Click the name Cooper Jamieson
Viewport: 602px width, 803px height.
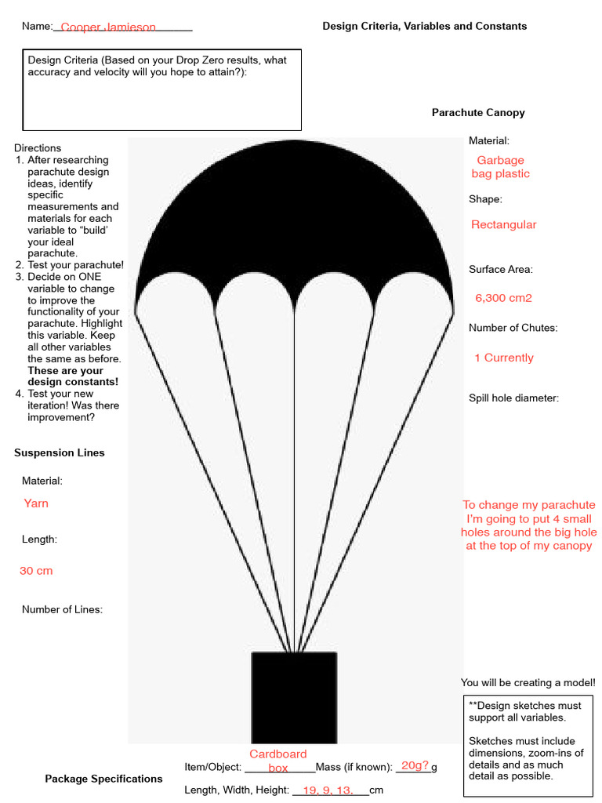pyautogui.click(x=108, y=27)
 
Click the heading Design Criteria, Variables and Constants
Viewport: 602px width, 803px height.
pyautogui.click(x=424, y=26)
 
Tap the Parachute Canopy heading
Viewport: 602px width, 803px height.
pyautogui.click(x=478, y=113)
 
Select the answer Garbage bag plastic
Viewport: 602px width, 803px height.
pyautogui.click(x=500, y=167)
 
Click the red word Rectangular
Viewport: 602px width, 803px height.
pyautogui.click(x=503, y=225)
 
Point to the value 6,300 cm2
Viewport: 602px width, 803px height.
pyautogui.click(x=503, y=298)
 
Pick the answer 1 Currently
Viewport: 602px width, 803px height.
pyautogui.click(x=503, y=358)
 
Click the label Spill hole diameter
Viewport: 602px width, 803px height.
pyautogui.click(x=513, y=398)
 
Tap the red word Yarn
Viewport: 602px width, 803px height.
pyautogui.click(x=36, y=503)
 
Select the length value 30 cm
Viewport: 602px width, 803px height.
pyautogui.click(x=36, y=571)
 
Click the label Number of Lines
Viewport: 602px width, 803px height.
pyautogui.click(x=62, y=609)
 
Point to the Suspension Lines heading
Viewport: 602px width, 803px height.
pyautogui.click(x=59, y=452)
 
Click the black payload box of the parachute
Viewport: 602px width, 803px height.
pyautogui.click(x=294, y=697)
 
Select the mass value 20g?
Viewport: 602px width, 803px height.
pyautogui.click(x=415, y=765)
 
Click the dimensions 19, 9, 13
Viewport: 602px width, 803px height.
pyautogui.click(x=329, y=790)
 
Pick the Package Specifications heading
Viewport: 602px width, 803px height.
pyautogui.click(x=103, y=779)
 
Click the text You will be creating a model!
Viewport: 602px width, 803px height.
pyautogui.click(x=528, y=683)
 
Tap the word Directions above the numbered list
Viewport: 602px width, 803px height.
pyautogui.click(x=38, y=148)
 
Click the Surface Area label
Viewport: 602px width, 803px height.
pyautogui.click(x=500, y=270)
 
